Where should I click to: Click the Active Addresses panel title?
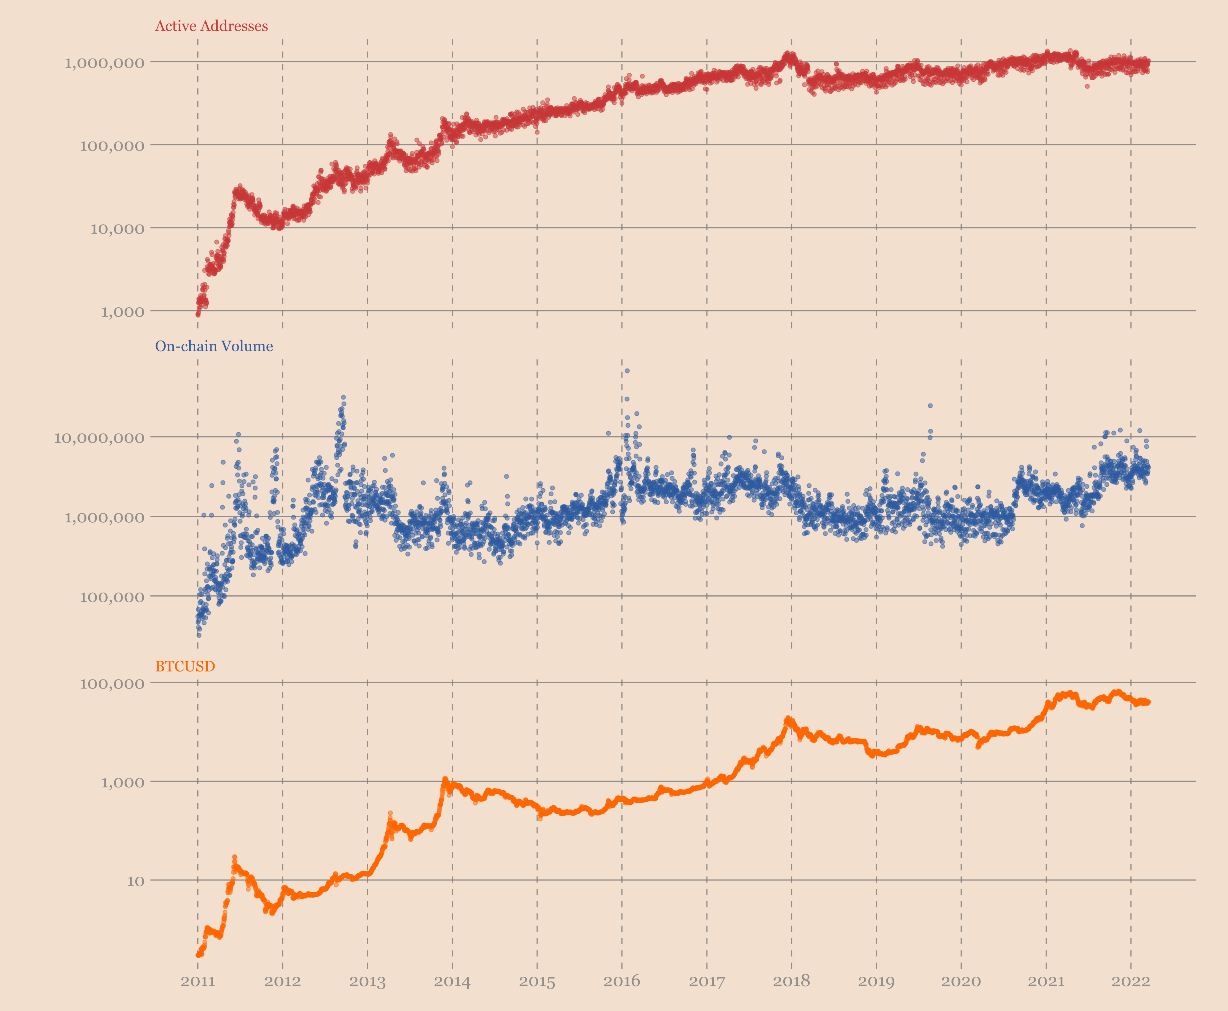pos(211,26)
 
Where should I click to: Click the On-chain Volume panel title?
pos(214,346)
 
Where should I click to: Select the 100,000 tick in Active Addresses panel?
pos(112,146)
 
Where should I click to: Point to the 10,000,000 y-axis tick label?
pos(99,438)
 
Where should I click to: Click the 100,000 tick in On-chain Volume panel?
pos(112,597)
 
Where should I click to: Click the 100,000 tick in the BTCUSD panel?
pos(112,684)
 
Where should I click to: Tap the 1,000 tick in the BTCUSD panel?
pos(122,782)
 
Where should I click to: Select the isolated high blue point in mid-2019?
pos(930,405)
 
